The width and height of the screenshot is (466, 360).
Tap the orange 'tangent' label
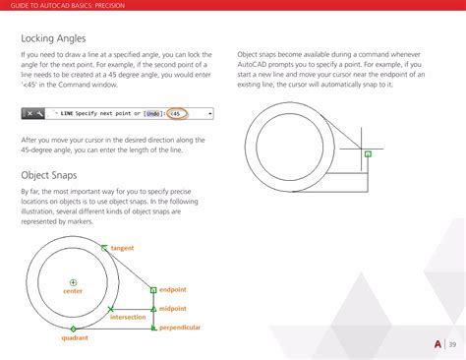coord(122,248)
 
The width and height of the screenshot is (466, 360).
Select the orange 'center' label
coord(73,291)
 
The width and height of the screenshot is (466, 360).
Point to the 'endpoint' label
coord(173,289)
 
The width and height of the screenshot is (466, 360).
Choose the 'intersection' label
coord(128,317)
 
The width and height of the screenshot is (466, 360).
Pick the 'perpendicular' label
coord(180,327)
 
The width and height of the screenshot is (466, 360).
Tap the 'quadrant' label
coord(75,338)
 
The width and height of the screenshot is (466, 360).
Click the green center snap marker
coord(73,282)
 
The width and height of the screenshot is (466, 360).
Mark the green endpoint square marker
coord(153,289)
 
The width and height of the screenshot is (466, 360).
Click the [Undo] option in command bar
coord(154,114)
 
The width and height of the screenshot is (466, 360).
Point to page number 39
coord(452,343)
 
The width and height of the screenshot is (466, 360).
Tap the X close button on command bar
coord(29,114)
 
